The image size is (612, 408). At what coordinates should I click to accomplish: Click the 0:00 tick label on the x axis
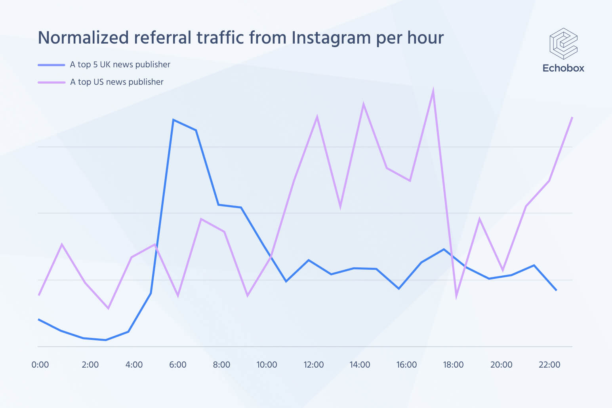point(40,365)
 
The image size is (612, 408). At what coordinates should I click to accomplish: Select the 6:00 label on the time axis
point(177,365)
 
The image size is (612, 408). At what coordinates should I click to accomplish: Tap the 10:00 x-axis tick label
point(267,365)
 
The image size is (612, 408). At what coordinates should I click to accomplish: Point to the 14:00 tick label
point(360,365)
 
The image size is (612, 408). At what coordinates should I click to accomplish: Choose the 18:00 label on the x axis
point(453,365)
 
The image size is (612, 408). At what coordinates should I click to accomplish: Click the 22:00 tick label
point(549,365)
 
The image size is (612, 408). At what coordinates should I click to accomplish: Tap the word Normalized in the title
point(83,38)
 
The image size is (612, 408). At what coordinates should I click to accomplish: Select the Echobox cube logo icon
point(563,44)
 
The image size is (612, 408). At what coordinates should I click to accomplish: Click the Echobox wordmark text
point(563,68)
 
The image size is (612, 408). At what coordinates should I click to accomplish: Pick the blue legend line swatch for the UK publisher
point(51,65)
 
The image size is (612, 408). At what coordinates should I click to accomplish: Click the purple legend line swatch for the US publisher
point(51,82)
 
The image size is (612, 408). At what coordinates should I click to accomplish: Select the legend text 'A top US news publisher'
point(117,82)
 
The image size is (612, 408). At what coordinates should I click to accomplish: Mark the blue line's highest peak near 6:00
point(173,120)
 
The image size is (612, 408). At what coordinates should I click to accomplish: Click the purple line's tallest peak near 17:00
point(433,90)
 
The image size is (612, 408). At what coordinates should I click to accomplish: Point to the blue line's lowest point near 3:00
point(105,340)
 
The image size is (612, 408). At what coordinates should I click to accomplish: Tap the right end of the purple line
point(572,118)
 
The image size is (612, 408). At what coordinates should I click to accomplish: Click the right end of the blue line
point(557,290)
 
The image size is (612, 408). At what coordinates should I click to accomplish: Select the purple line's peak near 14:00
point(363,104)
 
